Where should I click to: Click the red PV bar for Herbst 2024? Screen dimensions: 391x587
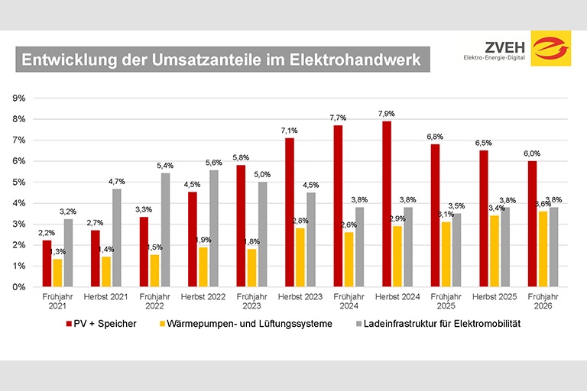coord(388,204)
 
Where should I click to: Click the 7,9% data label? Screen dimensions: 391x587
coord(388,114)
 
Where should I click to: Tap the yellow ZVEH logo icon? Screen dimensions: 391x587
coord(550,50)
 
